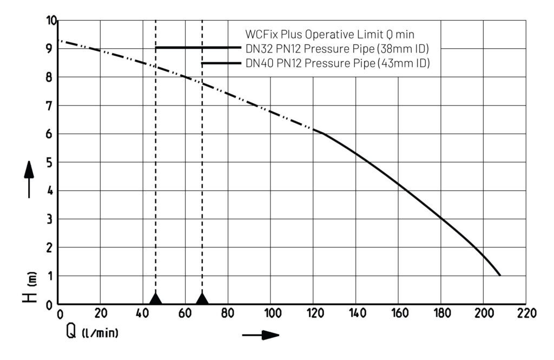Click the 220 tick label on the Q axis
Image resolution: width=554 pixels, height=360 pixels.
point(526,313)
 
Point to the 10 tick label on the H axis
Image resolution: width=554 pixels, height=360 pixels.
point(51,21)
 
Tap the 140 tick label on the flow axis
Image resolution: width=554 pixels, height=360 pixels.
point(355,313)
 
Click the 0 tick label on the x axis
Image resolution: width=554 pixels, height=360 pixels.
point(60,313)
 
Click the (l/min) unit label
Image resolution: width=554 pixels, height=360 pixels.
point(100,332)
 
